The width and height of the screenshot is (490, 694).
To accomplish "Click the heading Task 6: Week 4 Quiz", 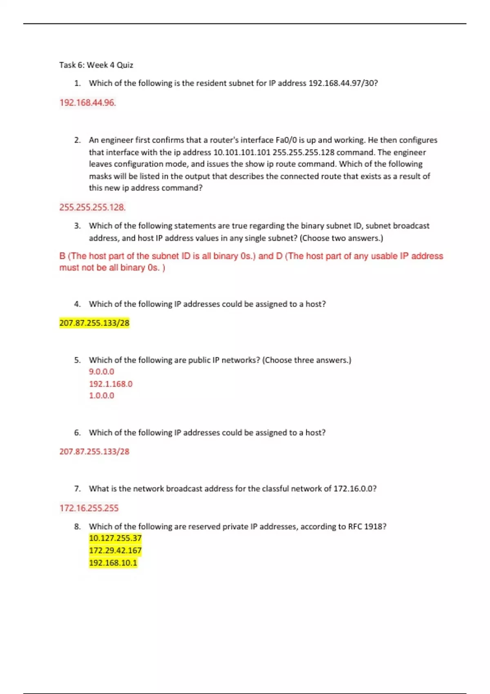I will point(96,65).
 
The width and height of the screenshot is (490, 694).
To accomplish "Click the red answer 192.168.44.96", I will point(87,102).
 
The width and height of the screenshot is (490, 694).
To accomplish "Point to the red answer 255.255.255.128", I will point(92,207).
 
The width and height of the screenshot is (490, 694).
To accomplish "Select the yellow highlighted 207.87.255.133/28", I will point(94,323).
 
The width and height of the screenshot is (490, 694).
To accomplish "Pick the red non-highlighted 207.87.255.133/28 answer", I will point(94,452).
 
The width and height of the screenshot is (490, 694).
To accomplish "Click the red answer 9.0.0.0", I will point(101,371).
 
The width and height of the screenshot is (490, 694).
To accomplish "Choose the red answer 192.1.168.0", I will point(111,384).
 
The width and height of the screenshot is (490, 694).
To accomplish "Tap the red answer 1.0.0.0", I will point(101,396).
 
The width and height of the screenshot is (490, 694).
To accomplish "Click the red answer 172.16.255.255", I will point(89,508).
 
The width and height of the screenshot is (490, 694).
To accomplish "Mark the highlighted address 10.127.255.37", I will point(115,538).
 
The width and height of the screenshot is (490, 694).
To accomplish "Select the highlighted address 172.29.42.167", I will point(115,550).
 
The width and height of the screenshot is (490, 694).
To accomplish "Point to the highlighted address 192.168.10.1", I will point(113,563).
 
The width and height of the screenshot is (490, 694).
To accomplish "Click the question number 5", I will point(77,360).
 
